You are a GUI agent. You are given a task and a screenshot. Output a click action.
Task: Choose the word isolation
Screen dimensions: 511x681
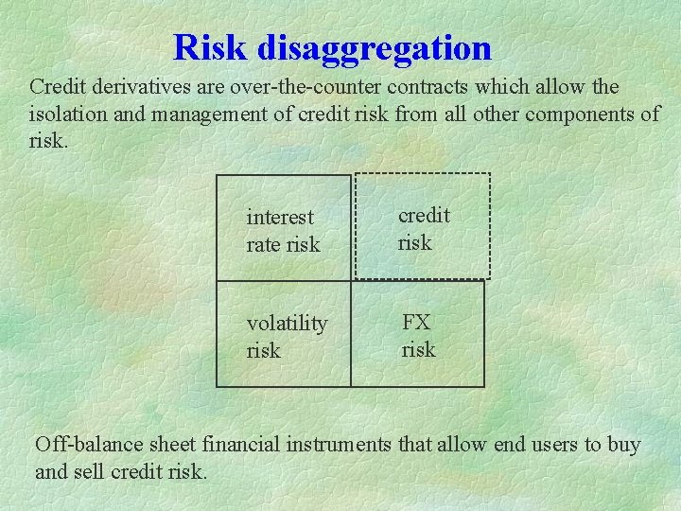point(67,115)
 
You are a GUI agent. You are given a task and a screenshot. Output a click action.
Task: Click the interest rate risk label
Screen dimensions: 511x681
point(283,231)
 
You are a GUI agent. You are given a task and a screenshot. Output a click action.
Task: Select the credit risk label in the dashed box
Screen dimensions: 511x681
point(423,229)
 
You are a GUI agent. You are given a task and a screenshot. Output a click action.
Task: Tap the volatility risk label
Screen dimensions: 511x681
point(287,337)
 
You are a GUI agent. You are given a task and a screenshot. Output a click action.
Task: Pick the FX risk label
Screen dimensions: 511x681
point(418,335)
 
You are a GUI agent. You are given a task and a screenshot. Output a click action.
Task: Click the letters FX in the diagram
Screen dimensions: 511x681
point(416,322)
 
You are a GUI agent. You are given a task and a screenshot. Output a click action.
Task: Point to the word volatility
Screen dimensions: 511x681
point(287,324)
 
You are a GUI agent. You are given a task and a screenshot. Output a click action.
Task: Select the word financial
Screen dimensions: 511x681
point(238,444)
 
